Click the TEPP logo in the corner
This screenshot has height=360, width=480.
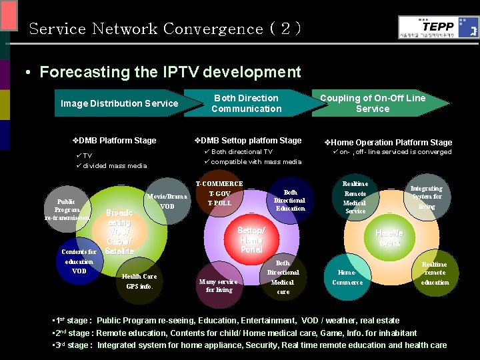[438, 27]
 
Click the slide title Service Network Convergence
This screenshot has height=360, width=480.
[165, 29]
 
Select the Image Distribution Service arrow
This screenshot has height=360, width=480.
[119, 103]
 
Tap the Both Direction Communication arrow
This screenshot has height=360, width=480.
[247, 103]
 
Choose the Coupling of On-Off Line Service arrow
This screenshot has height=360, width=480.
[373, 103]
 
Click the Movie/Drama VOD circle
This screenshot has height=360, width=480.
[167, 201]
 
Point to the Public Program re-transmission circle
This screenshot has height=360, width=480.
[66, 209]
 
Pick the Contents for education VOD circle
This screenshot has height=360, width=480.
[79, 261]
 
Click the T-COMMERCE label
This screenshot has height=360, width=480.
[219, 184]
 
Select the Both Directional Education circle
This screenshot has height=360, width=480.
[289, 200]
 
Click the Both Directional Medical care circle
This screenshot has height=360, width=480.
[283, 277]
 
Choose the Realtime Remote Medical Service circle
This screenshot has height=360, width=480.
[355, 198]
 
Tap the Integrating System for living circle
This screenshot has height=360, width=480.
[427, 197]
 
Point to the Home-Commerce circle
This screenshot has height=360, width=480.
[347, 277]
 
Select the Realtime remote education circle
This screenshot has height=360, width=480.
[435, 273]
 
